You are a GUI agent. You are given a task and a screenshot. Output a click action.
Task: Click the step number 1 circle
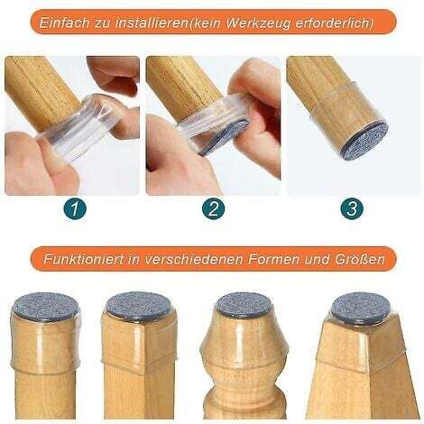coord(75,208)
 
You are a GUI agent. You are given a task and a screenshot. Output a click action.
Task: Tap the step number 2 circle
coord(214,208)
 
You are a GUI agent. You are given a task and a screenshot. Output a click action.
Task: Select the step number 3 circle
coord(352,208)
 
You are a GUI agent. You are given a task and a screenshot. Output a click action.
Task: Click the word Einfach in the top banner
coord(64,23)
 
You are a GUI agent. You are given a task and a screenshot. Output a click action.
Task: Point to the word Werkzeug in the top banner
coord(258,23)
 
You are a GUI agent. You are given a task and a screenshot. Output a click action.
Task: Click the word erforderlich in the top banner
coord(333,23)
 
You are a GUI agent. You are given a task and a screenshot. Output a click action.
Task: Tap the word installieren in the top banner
coord(152,23)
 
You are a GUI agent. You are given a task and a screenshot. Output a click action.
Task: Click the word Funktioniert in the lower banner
coord(83,259)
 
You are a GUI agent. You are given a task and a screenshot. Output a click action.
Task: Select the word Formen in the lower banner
coord(272,259)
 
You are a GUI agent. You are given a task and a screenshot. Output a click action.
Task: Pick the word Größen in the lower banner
coord(359,259)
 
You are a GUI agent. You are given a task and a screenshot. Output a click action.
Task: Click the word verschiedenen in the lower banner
coord(194,259)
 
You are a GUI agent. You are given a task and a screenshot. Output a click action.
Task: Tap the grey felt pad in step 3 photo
coord(365,141)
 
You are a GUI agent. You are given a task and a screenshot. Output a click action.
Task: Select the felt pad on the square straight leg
coord(138,307)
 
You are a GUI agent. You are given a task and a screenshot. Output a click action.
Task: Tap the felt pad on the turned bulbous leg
coord(244,305)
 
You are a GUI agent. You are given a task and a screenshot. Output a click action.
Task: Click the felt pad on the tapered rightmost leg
coord(360,307)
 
